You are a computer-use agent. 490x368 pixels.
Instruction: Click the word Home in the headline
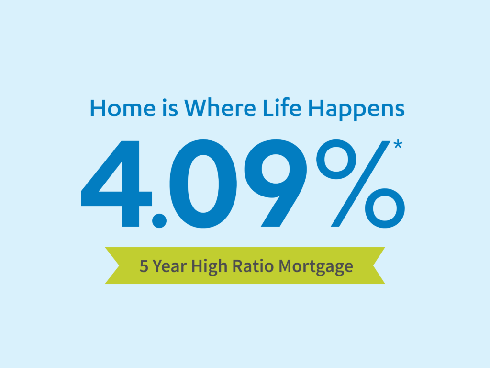coord(122,108)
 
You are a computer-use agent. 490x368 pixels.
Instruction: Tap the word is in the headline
coord(170,108)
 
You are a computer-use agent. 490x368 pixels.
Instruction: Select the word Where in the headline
coord(220,108)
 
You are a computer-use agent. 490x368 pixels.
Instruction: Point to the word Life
coord(282,108)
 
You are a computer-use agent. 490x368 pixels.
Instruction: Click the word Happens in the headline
coord(356,110)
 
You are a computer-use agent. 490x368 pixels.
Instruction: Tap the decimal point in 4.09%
coord(159,220)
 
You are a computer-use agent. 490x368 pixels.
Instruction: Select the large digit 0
coord(203,184)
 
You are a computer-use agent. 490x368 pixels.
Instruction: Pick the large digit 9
coord(276,183)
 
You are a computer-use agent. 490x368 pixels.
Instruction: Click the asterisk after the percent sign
coord(398,145)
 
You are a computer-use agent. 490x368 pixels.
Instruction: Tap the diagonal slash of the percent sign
coord(361,184)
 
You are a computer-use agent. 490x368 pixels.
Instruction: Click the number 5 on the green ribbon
coord(144,266)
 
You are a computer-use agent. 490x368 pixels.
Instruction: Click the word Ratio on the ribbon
coord(253,266)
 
